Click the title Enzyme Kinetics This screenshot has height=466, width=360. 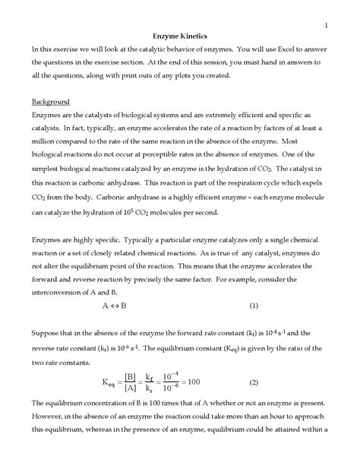click(x=180, y=36)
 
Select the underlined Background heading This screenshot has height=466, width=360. click(x=51, y=101)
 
